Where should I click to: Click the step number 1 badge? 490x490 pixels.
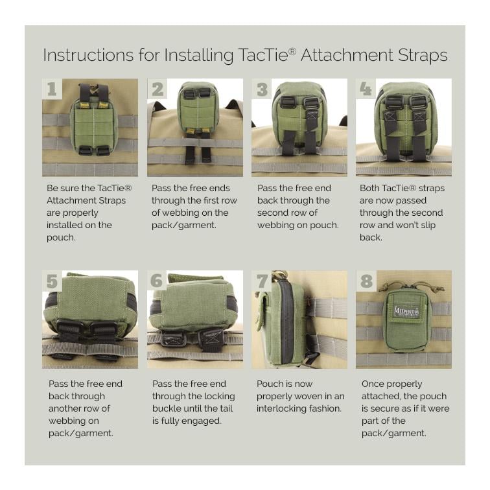click(52, 89)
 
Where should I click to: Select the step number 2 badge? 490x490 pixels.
click(157, 89)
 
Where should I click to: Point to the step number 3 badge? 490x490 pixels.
click(262, 89)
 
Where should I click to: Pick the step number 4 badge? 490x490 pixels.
click(366, 89)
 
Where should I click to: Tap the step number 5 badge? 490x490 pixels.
click(52, 281)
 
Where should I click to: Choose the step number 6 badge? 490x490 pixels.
click(157, 281)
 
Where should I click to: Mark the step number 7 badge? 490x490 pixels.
click(262, 281)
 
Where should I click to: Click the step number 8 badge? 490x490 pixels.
click(366, 281)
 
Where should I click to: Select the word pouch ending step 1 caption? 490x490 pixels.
click(61, 237)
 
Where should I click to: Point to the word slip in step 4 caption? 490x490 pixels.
click(432, 225)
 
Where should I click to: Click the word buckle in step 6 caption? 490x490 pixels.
click(168, 408)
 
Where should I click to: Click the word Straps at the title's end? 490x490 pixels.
click(424, 56)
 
